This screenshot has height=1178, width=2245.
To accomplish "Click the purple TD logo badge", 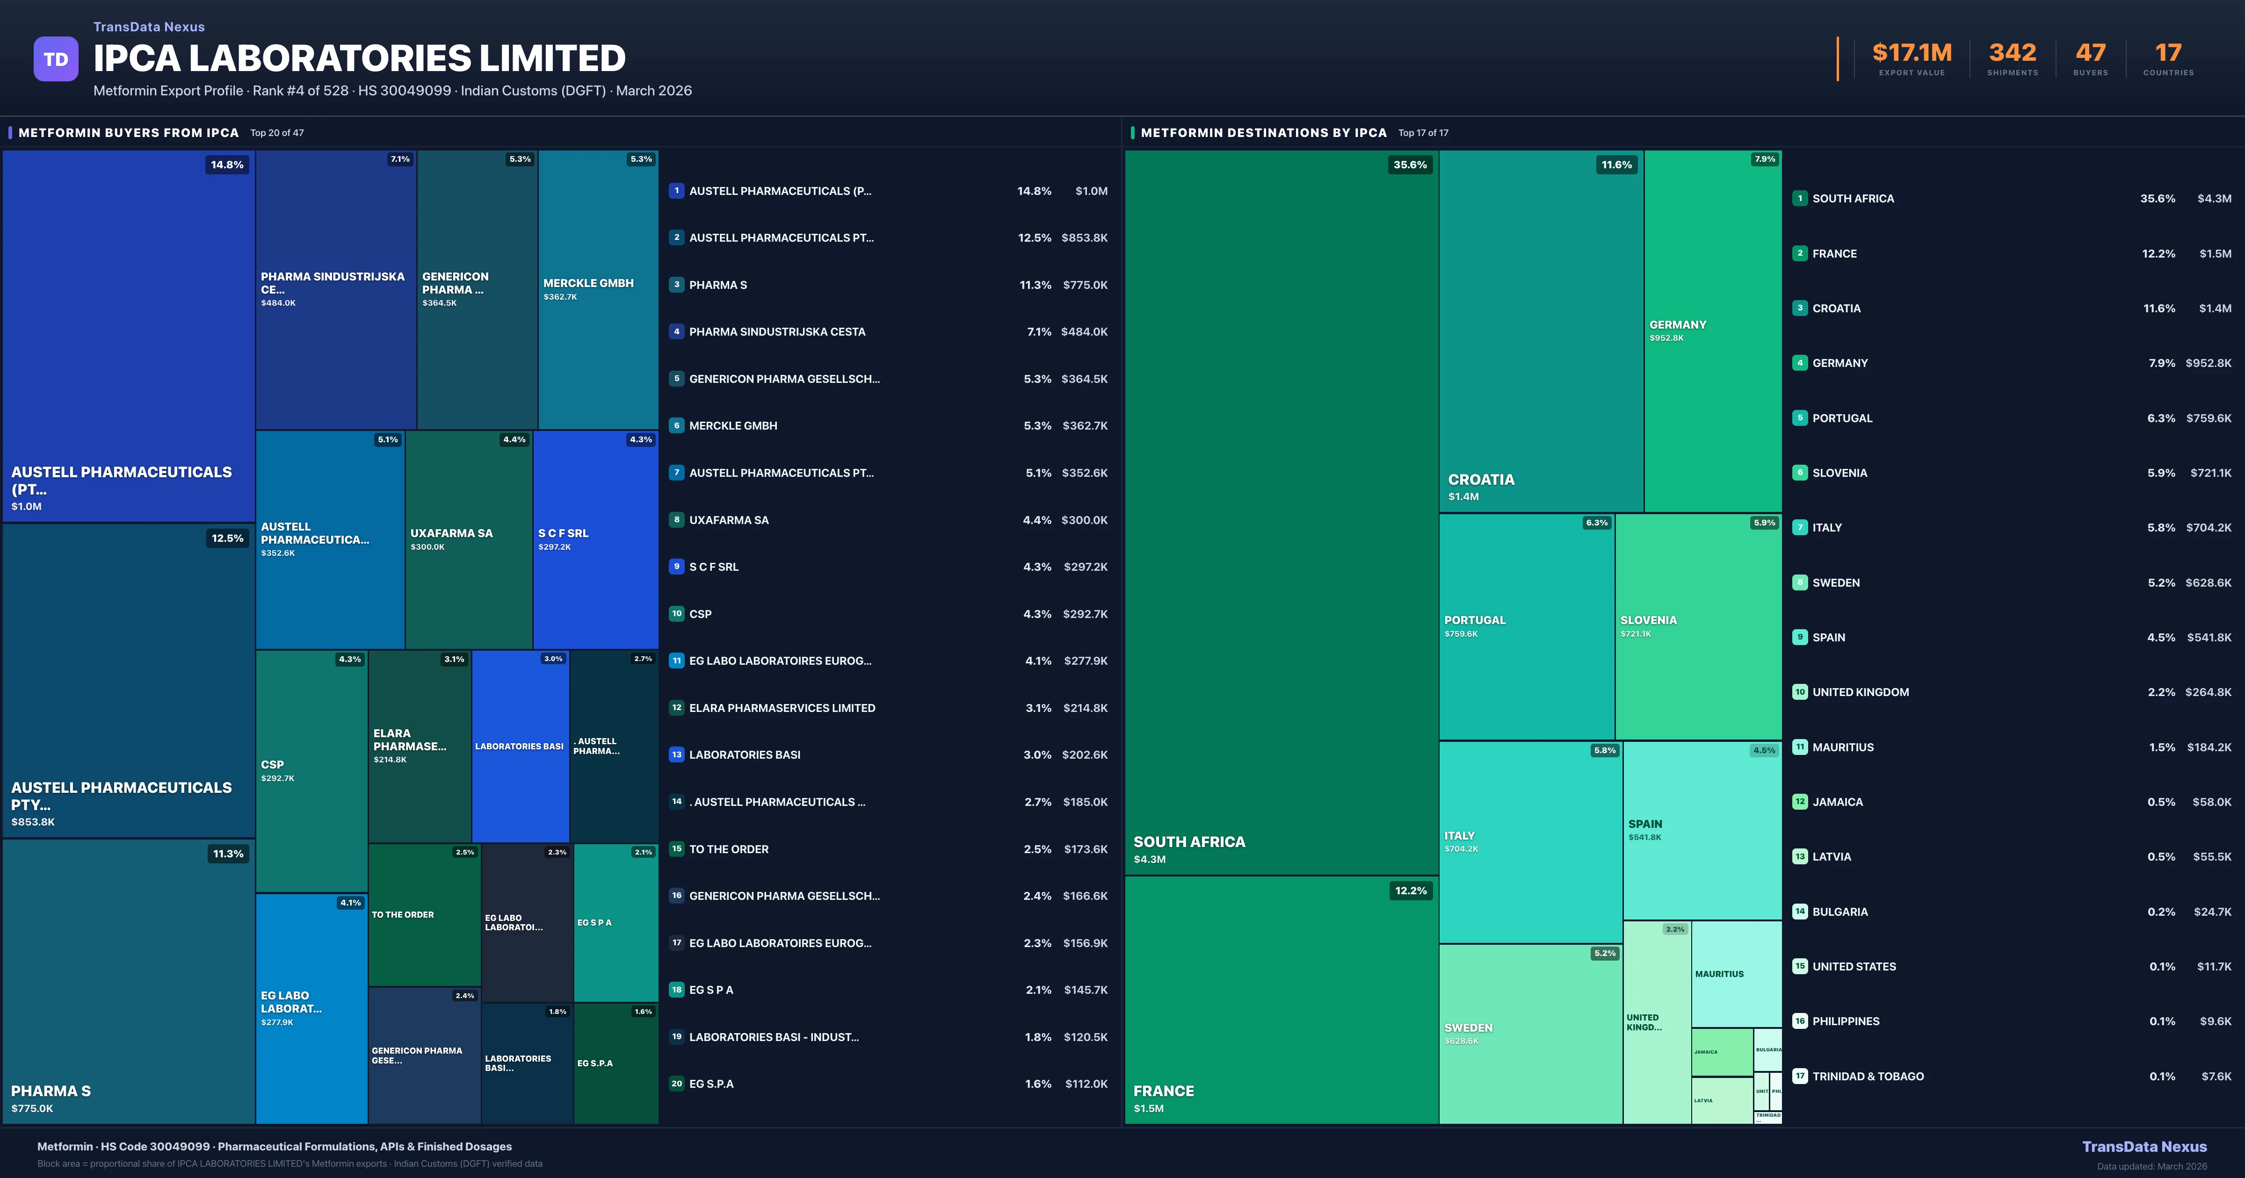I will tap(56, 59).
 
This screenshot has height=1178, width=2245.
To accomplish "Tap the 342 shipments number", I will tap(2012, 53).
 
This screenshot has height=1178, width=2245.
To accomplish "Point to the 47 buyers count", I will tap(2090, 53).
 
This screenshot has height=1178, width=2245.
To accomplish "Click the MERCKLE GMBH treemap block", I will tap(598, 289).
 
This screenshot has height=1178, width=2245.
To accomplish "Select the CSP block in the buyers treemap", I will tap(311, 770).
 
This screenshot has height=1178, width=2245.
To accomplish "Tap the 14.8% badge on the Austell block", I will tap(226, 165).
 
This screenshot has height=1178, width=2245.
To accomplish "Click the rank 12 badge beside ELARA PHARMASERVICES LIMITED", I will tap(676, 707).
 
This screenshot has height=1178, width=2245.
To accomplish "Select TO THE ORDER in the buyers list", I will tap(729, 848).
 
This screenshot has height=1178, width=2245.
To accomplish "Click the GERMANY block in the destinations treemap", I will tap(1712, 331).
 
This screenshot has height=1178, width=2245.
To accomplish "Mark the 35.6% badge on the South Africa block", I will tap(1409, 165).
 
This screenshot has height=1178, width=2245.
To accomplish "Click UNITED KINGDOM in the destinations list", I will tap(1861, 692).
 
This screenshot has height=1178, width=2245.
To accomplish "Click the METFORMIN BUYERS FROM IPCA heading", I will tap(128, 132).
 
